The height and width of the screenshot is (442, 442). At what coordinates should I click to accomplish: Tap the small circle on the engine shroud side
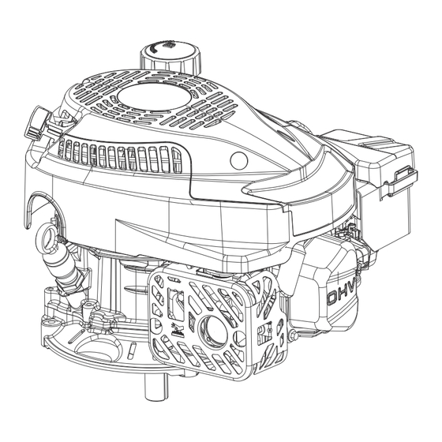point(238,160)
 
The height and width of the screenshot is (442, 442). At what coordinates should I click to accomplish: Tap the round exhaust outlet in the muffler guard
point(213,328)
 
